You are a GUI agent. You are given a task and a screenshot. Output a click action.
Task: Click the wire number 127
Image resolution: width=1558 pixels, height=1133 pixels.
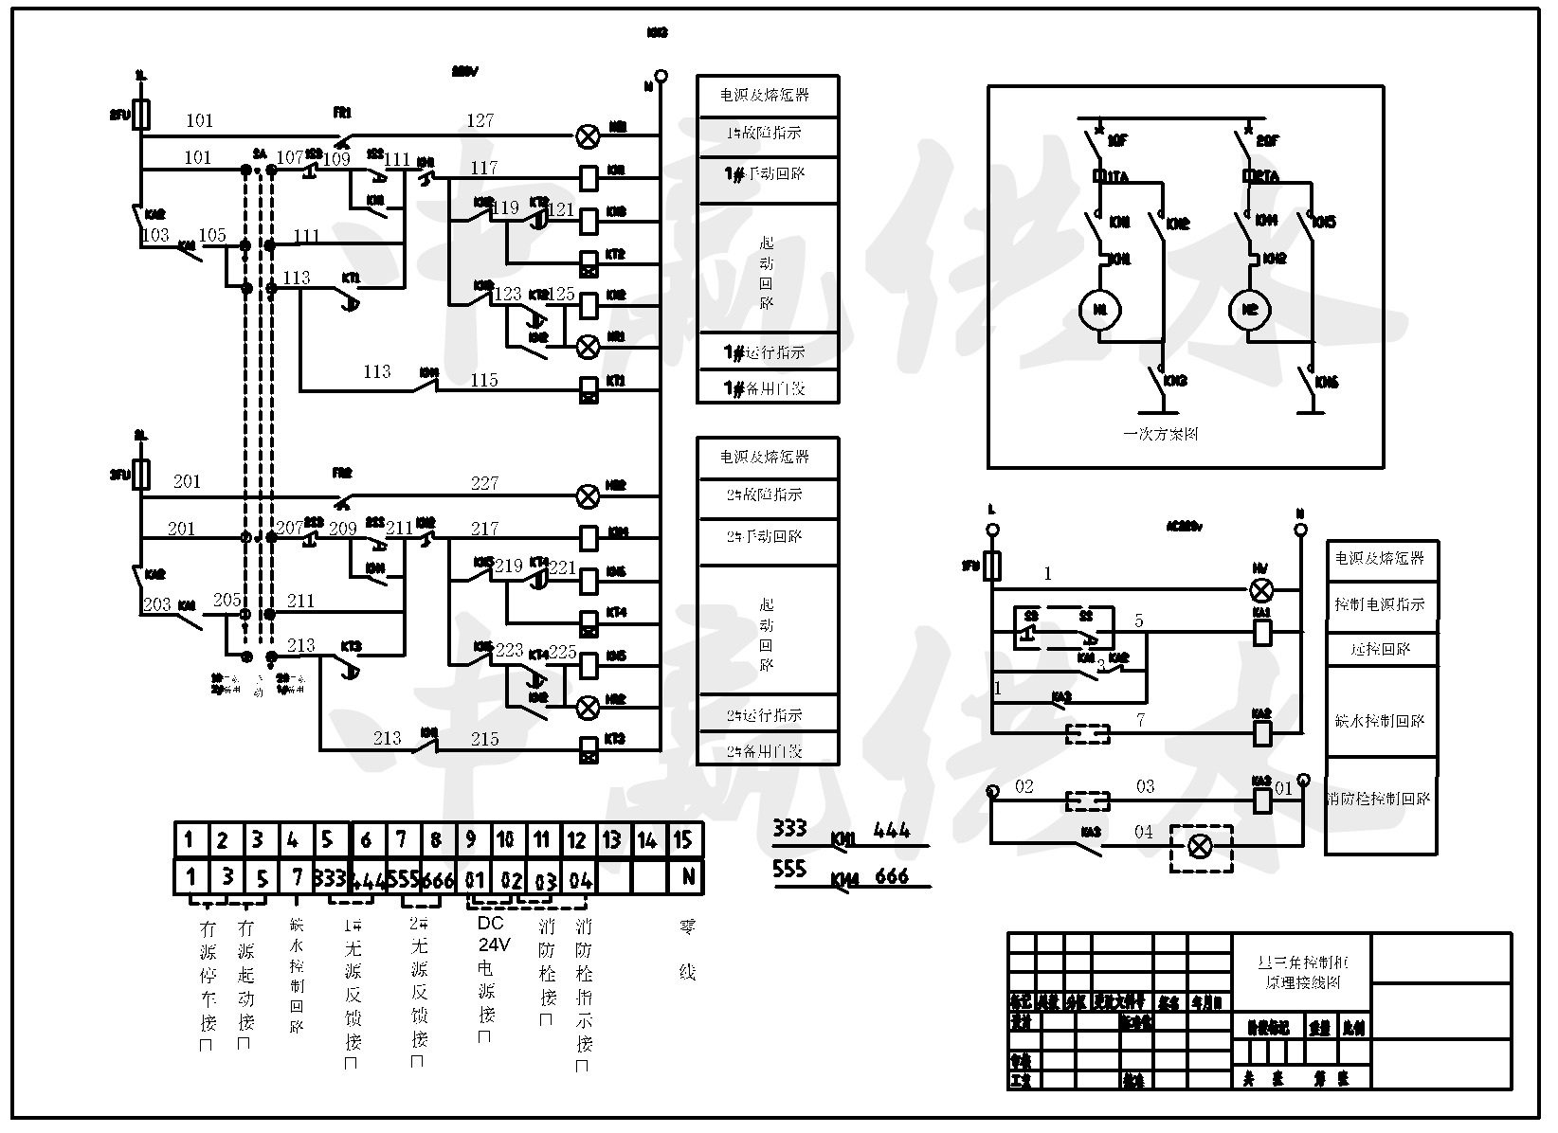click(480, 120)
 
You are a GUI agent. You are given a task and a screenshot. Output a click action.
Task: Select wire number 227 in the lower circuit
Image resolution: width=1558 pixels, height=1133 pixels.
click(484, 483)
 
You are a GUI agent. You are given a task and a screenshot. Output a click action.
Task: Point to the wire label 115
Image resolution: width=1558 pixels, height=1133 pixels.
click(483, 380)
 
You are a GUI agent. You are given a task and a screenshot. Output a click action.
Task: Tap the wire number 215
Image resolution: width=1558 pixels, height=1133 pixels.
click(484, 738)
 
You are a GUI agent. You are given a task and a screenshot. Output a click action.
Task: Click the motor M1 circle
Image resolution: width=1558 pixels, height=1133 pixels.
click(1100, 310)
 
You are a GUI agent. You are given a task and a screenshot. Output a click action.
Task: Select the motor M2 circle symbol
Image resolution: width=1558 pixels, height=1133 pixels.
click(1249, 310)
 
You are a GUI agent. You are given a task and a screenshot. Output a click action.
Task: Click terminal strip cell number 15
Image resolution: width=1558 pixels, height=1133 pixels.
click(683, 839)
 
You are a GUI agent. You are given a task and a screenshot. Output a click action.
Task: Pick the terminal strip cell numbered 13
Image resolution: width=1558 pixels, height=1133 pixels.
click(612, 839)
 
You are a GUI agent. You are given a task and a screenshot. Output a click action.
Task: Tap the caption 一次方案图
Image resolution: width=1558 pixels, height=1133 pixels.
click(1161, 434)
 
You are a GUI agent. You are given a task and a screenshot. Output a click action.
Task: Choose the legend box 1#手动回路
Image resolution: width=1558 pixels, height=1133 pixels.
click(767, 174)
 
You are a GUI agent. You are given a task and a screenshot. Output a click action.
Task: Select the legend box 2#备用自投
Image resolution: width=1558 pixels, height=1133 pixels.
click(767, 750)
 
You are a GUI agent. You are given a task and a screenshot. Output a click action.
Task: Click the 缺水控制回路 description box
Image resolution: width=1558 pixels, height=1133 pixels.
click(1380, 720)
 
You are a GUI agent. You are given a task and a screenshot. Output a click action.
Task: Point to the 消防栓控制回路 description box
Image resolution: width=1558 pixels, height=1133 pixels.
click(1380, 799)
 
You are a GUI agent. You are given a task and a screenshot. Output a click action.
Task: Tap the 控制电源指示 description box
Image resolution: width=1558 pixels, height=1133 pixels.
click(1380, 603)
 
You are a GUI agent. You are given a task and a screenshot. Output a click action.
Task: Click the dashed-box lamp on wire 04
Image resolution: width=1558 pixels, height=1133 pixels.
click(1200, 847)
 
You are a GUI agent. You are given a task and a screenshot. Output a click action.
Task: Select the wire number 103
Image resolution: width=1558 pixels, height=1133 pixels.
click(154, 235)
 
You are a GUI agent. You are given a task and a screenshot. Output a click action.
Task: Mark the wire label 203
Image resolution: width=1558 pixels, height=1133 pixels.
click(156, 603)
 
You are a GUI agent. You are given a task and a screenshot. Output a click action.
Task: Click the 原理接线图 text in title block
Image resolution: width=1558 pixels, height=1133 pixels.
click(1303, 983)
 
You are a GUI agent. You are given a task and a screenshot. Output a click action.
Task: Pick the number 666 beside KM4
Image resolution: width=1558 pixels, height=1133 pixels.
click(892, 876)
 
